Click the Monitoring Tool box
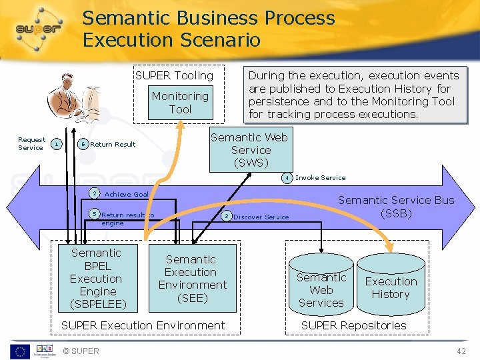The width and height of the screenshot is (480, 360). [180, 103]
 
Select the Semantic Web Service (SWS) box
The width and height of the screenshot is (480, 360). [251, 150]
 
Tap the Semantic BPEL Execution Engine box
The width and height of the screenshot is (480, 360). [96, 279]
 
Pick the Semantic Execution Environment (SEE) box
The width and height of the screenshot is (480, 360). [192, 279]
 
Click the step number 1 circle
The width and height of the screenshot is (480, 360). [57, 144]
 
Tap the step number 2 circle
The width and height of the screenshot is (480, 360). [95, 193]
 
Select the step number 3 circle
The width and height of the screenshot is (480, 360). [227, 216]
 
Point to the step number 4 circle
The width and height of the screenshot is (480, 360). [286, 178]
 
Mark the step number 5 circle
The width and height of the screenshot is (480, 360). [95, 214]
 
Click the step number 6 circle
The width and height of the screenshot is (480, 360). [83, 144]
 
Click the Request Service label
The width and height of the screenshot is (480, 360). [31, 144]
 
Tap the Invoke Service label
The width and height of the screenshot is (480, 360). [320, 178]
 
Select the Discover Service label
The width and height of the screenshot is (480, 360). [261, 217]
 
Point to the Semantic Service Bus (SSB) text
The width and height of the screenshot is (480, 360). [395, 207]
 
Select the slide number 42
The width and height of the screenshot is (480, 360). [461, 351]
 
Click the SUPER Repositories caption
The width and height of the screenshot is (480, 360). [353, 325]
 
